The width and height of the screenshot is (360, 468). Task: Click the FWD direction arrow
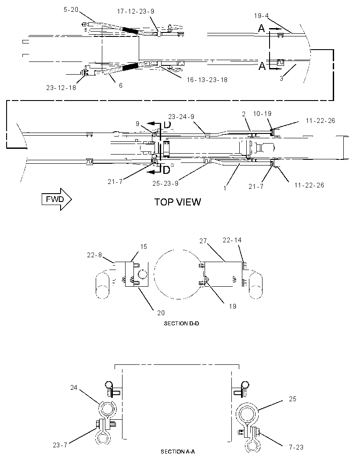pyautogui.click(x=57, y=199)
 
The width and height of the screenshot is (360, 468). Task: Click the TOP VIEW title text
pyautogui.click(x=178, y=202)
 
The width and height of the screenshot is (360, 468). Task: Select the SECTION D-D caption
pyautogui.click(x=181, y=324)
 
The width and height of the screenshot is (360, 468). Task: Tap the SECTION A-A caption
pyautogui.click(x=178, y=452)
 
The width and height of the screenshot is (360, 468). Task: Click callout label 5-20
pyautogui.click(x=71, y=10)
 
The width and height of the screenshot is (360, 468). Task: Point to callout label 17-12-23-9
pyautogui.click(x=136, y=11)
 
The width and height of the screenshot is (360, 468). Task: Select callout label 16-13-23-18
pyautogui.click(x=207, y=80)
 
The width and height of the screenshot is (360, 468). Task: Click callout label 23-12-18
pyautogui.click(x=61, y=87)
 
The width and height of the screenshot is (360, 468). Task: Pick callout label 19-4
pyautogui.click(x=262, y=15)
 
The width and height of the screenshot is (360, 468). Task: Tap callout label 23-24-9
pyautogui.click(x=181, y=117)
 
